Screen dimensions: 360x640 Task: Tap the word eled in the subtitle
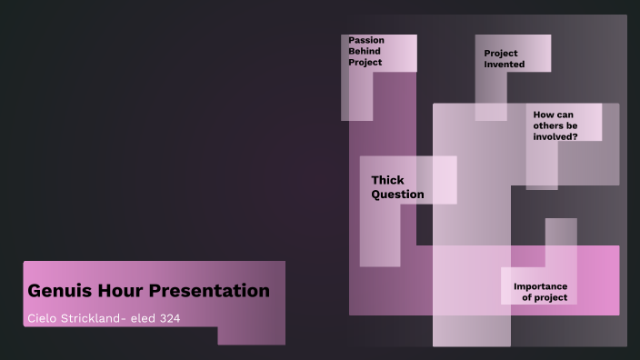pos(153,317)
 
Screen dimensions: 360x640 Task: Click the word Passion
pos(366,40)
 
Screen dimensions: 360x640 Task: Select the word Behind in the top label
pos(365,52)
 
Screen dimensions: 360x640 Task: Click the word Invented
pos(505,65)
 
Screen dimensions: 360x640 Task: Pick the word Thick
pos(387,180)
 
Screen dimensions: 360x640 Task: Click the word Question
pos(397,194)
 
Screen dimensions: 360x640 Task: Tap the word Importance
pos(540,286)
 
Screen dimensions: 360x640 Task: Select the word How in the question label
pos(543,115)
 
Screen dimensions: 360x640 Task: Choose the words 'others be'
pos(555,125)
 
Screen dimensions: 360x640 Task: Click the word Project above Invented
pos(501,54)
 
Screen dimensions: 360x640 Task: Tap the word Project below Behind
pos(365,63)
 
